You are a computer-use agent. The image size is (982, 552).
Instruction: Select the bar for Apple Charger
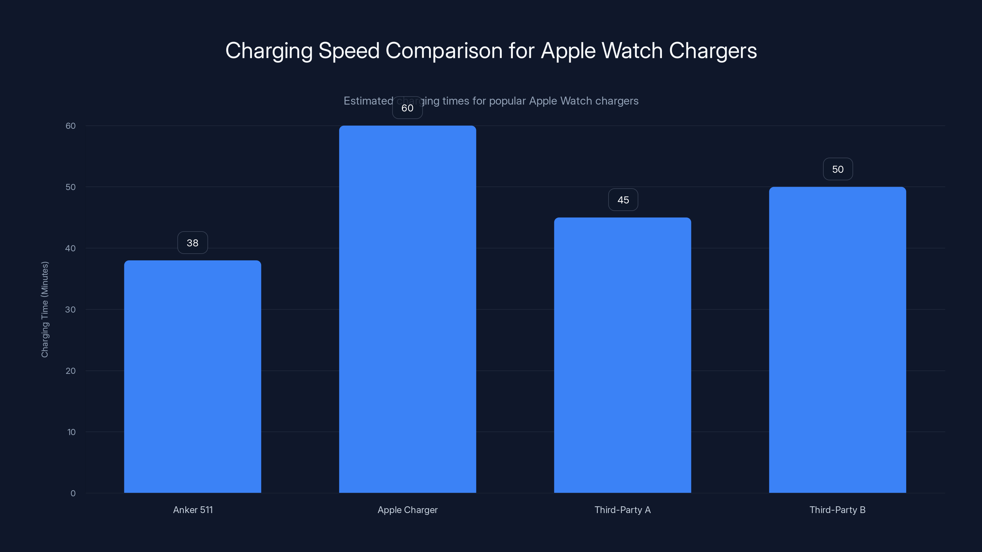pyautogui.click(x=408, y=309)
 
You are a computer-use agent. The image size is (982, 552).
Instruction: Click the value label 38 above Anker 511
pyautogui.click(x=192, y=243)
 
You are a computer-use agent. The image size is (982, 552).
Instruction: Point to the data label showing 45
pyautogui.click(x=623, y=200)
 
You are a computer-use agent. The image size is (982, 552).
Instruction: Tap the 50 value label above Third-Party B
pyautogui.click(x=837, y=169)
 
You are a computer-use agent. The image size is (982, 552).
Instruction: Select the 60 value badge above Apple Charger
pyautogui.click(x=407, y=108)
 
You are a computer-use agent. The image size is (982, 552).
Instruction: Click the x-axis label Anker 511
pyautogui.click(x=193, y=510)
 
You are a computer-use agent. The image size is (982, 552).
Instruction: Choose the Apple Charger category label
pyautogui.click(x=408, y=510)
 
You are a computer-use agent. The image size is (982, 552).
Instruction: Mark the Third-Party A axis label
pyautogui.click(x=623, y=510)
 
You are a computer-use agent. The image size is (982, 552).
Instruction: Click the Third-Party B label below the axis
pyautogui.click(x=837, y=510)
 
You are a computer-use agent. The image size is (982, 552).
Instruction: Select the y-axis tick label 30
pyautogui.click(x=71, y=309)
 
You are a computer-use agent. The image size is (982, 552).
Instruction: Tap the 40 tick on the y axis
pyautogui.click(x=71, y=248)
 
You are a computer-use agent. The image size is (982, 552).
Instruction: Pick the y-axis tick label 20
pyautogui.click(x=71, y=371)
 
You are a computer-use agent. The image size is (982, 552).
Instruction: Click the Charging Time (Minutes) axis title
pyautogui.click(x=44, y=309)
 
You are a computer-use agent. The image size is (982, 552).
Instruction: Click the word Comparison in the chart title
pyautogui.click(x=444, y=51)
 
